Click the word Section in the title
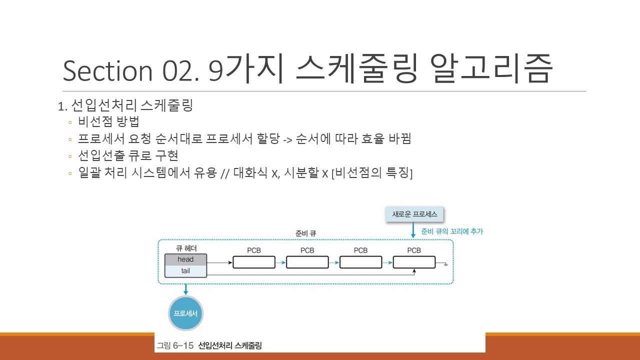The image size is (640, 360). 107,71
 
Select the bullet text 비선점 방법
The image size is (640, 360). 108,122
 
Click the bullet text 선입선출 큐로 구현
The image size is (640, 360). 128,155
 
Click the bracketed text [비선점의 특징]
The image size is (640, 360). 371,173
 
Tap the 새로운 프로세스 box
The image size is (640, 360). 414,214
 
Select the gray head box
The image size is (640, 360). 185,259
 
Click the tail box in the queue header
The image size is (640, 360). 185,271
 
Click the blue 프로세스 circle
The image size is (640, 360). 185,313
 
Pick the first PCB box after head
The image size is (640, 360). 254,262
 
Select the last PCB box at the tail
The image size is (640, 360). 414,262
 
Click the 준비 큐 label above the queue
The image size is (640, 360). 306,233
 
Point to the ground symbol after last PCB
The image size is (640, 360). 444,263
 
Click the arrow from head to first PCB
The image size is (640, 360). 219,262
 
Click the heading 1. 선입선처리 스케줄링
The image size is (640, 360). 125,106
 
